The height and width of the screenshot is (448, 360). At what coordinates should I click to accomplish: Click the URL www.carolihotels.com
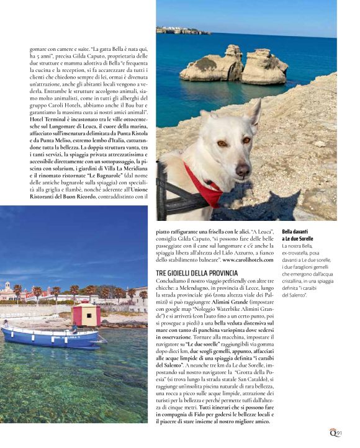pos(249,258)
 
